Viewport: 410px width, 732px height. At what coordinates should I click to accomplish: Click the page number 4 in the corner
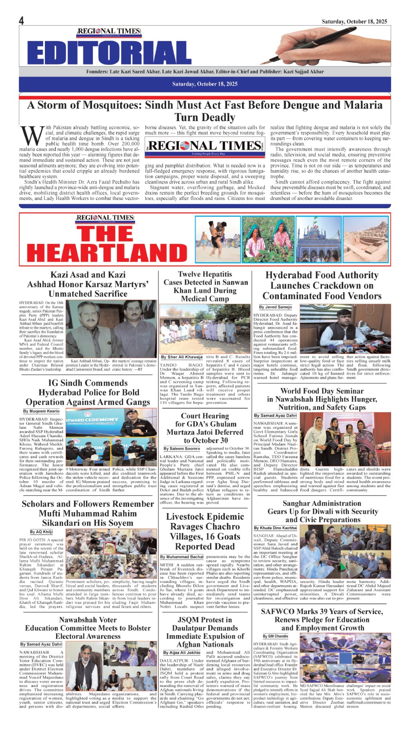[x=21, y=20]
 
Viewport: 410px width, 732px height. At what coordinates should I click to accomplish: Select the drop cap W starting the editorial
[x=32, y=136]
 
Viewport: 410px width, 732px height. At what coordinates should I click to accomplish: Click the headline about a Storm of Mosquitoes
[x=205, y=111]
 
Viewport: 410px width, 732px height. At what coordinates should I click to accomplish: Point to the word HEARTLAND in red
[x=107, y=252]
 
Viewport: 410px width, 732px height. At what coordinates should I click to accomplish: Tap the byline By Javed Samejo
[x=275, y=307]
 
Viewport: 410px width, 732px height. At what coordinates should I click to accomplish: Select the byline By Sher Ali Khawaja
[x=181, y=357]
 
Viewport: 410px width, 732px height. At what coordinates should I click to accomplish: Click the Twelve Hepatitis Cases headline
[x=205, y=286]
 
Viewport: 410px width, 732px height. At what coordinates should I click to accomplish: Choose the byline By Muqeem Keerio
[x=41, y=411]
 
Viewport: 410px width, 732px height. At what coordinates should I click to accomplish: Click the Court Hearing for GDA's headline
[x=205, y=428]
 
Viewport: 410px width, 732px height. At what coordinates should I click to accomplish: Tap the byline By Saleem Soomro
[x=182, y=449]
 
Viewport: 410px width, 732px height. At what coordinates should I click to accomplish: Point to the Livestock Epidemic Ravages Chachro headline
[x=205, y=532]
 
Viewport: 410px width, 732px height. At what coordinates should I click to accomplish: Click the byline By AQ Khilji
[x=41, y=532]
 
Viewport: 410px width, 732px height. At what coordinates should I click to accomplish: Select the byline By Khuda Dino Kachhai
[x=275, y=528]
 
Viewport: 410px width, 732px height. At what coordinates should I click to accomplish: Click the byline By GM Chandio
[x=275, y=636]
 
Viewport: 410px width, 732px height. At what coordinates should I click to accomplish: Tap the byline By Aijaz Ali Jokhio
[x=182, y=653]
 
